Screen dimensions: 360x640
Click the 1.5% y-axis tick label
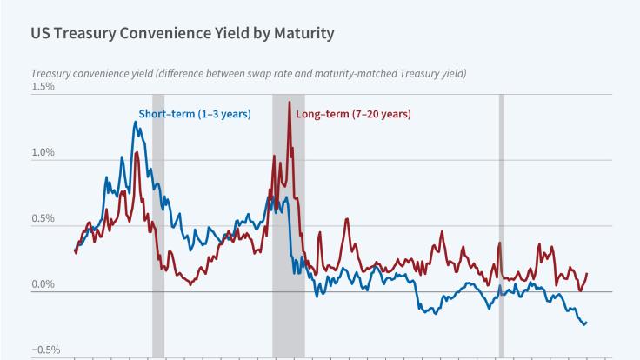coord(43,87)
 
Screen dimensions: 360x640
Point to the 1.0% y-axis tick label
coord(43,153)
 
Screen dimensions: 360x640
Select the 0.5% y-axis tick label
coord(43,218)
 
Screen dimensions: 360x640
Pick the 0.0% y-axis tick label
coord(43,284)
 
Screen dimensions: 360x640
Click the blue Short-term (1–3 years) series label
coord(195,114)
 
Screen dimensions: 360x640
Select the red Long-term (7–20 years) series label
coord(353,114)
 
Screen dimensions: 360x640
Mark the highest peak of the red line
coord(289,103)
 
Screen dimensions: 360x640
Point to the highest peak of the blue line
coord(135,122)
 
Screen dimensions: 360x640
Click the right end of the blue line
coord(587,323)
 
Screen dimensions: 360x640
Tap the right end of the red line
coord(587,274)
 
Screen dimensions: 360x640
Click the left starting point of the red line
coord(76,252)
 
